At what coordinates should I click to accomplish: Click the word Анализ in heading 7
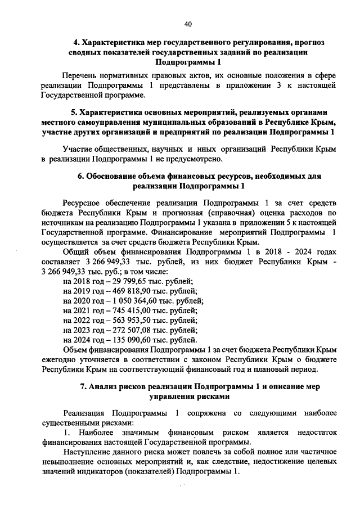pos(104,387)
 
